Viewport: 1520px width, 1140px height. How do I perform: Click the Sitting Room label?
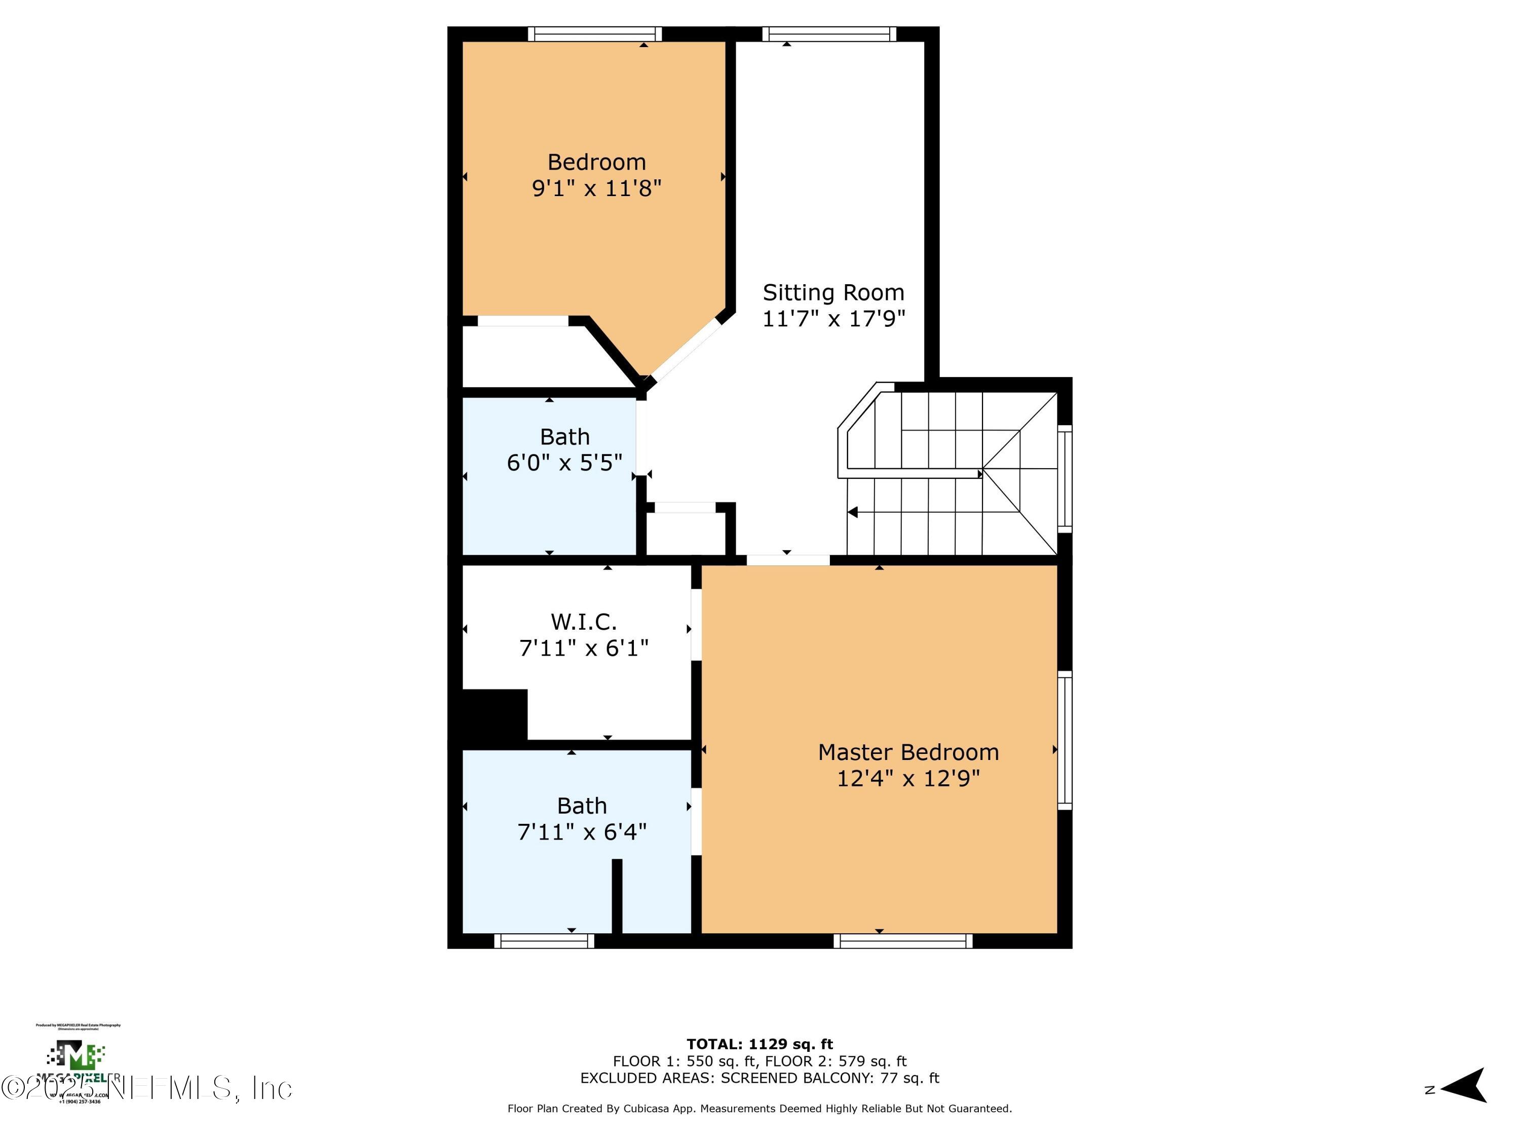(833, 293)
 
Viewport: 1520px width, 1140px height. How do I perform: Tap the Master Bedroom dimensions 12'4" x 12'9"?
(908, 779)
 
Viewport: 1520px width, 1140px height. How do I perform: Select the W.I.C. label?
(583, 622)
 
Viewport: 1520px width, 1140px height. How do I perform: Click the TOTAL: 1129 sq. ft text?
(759, 1044)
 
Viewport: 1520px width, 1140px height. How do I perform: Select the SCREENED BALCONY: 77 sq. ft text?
(829, 1078)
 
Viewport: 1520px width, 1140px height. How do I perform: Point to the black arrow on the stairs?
(853, 512)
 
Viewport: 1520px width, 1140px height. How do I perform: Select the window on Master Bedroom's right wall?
(1065, 740)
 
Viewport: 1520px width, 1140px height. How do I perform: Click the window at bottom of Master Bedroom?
(903, 941)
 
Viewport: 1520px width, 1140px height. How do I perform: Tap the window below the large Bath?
(544, 941)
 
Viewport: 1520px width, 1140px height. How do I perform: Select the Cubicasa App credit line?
(759, 1109)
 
